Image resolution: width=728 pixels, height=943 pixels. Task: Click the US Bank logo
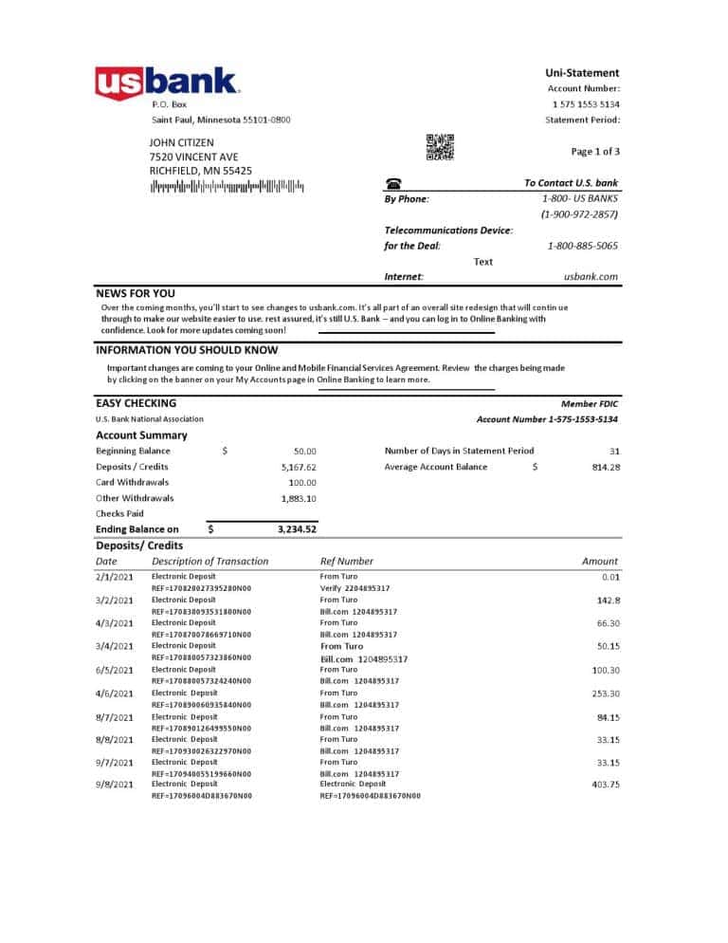(167, 83)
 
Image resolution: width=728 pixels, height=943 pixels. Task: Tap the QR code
(440, 148)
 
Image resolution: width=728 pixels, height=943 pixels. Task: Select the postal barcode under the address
(227, 187)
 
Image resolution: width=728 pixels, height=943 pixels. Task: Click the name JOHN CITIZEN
(182, 142)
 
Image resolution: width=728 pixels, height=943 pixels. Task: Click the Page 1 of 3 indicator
(595, 151)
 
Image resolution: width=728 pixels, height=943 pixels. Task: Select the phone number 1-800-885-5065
(582, 246)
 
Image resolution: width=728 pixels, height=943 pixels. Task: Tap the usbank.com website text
(591, 277)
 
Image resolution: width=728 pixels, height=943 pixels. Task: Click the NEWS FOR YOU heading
(136, 294)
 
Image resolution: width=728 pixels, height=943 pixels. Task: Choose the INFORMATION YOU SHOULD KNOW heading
(187, 350)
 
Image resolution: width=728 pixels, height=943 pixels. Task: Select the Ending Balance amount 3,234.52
(297, 529)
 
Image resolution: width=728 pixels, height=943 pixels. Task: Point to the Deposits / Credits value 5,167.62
(299, 467)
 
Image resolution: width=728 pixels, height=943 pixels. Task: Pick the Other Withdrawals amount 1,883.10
(299, 498)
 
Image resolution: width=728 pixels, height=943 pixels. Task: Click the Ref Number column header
(347, 562)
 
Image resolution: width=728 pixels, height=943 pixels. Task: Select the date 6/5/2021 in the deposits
(115, 670)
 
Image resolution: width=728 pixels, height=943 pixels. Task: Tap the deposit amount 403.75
(604, 785)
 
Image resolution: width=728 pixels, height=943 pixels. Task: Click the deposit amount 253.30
(604, 693)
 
